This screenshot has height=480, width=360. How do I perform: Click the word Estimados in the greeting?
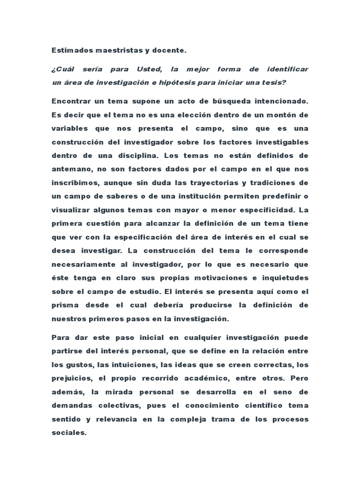click(68, 50)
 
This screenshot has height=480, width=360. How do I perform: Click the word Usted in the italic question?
click(149, 69)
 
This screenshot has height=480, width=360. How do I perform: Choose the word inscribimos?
click(73, 182)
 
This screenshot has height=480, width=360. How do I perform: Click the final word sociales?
click(68, 432)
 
